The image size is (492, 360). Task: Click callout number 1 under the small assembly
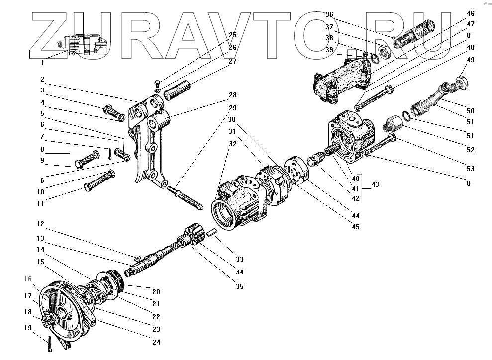pyautogui.click(x=42, y=63)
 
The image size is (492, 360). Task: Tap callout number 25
pyautogui.click(x=232, y=35)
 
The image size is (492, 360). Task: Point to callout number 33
pyautogui.click(x=240, y=259)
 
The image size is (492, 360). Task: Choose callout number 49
pyautogui.click(x=470, y=59)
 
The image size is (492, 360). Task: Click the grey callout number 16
pyautogui.click(x=28, y=278)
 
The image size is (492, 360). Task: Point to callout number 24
pyautogui.click(x=156, y=342)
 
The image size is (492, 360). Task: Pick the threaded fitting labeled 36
pyautogui.click(x=415, y=33)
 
